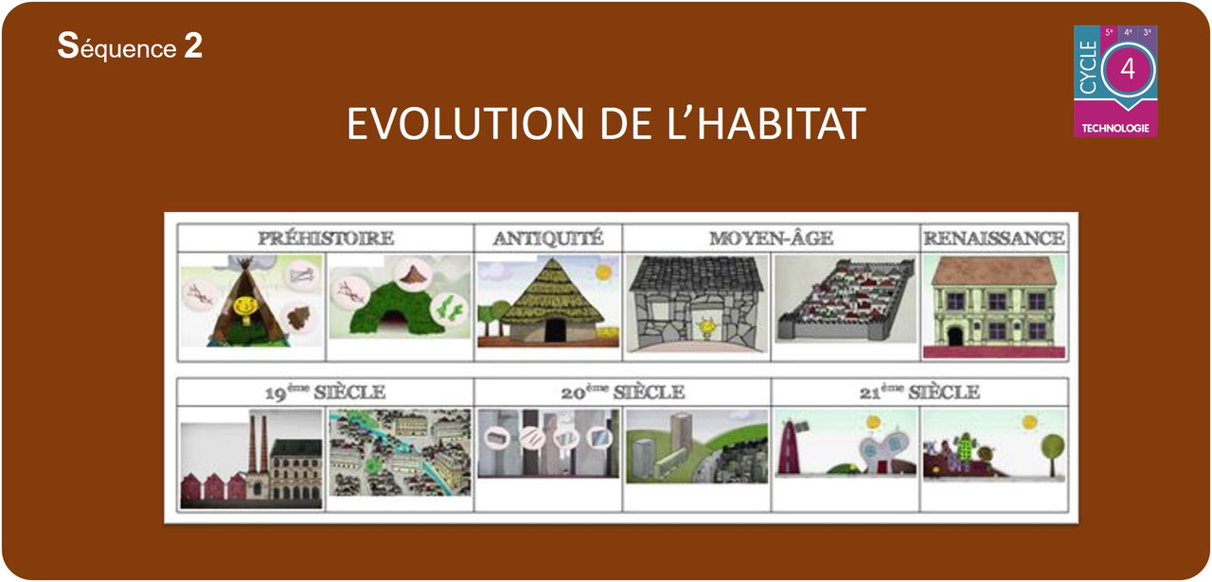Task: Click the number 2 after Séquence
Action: (x=193, y=47)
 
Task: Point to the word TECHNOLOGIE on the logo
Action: (x=1115, y=128)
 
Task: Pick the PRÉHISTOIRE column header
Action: (x=326, y=238)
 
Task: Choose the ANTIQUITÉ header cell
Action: (x=548, y=238)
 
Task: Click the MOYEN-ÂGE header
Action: (x=772, y=238)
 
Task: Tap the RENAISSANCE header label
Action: (x=993, y=238)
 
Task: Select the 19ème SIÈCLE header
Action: (x=326, y=392)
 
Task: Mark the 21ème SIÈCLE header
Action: (x=919, y=392)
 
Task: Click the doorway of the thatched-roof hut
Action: (x=555, y=329)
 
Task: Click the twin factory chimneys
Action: (x=257, y=443)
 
